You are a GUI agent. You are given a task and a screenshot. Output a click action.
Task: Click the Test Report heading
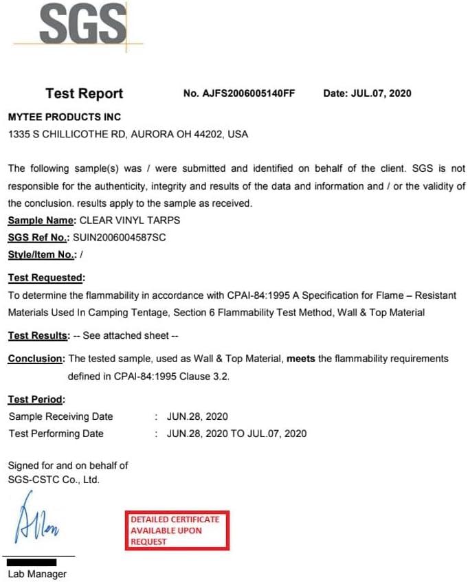tap(84, 93)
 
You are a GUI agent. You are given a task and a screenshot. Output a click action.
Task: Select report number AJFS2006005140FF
tap(249, 93)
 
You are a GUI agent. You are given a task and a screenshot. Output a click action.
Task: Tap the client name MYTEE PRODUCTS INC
tap(64, 117)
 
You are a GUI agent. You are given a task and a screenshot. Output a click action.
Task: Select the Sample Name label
tap(41, 221)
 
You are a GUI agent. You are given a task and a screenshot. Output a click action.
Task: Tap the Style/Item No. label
tap(42, 255)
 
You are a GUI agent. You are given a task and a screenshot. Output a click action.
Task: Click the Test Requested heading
tap(46, 278)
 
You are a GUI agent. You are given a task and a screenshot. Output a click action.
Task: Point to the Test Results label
tap(38, 335)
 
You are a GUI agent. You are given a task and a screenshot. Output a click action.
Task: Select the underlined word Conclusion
tap(36, 359)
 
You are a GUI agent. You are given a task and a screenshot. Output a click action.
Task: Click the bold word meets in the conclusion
tap(300, 359)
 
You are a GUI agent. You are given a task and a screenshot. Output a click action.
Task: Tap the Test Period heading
tap(36, 399)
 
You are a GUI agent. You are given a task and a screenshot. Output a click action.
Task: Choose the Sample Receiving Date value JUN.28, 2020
tap(197, 416)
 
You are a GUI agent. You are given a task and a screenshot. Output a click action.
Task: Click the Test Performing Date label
tap(56, 434)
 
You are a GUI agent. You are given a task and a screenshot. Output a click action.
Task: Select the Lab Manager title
tap(37, 574)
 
